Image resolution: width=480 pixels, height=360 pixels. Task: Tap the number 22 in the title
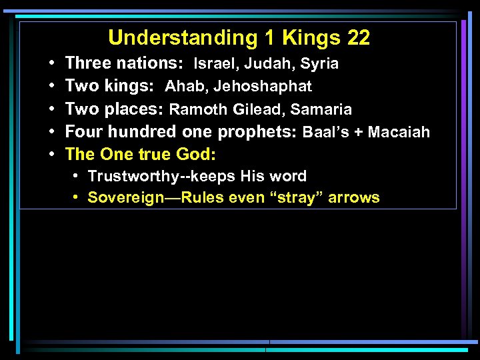[358, 38]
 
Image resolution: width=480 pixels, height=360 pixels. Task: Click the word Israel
[212, 64]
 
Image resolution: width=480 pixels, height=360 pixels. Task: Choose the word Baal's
[325, 132]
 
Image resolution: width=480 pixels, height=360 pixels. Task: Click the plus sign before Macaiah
[358, 133]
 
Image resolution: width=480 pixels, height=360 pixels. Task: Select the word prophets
[259, 133]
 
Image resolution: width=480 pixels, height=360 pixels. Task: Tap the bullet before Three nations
[51, 64]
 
